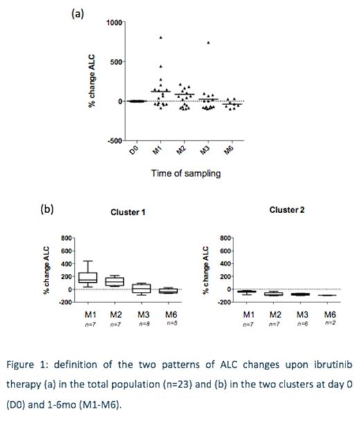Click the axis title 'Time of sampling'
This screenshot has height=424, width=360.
(186, 174)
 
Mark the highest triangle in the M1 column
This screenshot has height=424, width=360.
(161, 37)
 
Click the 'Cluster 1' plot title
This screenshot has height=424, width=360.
(128, 212)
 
